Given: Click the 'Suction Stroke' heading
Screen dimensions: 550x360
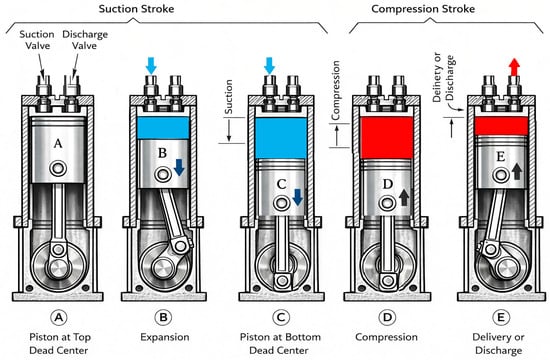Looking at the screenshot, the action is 136,9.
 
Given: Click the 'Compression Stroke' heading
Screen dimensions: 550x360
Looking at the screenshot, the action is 423,9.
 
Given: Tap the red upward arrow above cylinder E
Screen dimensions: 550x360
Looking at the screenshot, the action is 514,67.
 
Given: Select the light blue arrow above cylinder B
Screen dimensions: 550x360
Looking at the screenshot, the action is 151,66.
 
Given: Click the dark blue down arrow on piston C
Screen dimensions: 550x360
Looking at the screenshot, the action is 297,197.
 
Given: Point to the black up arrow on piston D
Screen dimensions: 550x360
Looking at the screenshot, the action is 404,197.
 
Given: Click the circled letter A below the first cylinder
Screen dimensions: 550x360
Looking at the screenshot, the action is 59,318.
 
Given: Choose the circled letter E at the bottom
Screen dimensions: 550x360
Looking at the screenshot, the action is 500,318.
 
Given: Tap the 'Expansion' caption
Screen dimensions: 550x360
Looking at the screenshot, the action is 165,337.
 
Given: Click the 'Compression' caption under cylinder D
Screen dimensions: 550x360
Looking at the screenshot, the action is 387,337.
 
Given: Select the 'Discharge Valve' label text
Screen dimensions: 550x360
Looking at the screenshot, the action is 85,40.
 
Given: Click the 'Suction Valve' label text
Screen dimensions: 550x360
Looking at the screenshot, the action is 37,40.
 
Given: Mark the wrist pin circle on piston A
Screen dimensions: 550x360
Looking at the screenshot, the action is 58,168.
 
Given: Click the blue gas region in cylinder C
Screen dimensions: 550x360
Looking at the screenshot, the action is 281,138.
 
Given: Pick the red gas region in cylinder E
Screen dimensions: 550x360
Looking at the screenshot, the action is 501,126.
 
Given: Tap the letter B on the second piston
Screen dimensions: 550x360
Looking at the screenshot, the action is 162,153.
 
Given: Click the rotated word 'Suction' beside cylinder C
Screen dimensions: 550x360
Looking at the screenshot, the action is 228,96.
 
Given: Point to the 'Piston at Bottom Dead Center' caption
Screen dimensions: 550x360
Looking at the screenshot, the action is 280,344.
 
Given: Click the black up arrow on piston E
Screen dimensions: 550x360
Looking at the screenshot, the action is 517,172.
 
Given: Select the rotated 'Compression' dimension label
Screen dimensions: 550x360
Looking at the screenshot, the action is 335,91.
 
